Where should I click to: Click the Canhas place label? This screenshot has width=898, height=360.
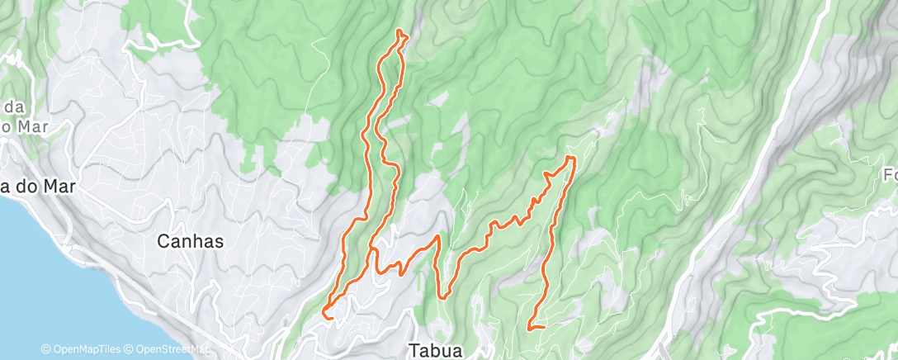pyautogui.click(x=191, y=241)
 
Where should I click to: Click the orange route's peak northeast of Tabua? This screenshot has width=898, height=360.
pyautogui.click(x=570, y=157)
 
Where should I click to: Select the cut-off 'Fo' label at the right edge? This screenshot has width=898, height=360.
pyautogui.click(x=890, y=175)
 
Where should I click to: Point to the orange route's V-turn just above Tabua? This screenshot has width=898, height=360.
pyautogui.click(x=443, y=296)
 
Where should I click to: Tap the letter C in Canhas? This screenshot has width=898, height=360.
pyautogui.click(x=163, y=241)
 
